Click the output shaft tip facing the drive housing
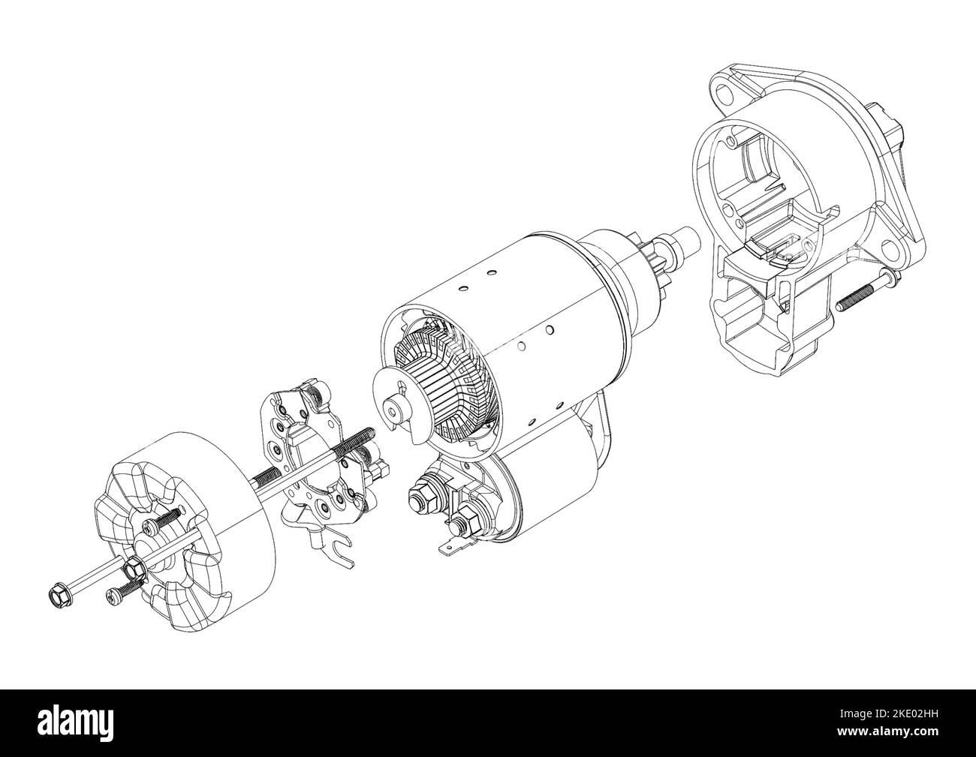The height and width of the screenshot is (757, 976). (689, 242)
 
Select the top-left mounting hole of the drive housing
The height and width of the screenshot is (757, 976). (724, 95)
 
